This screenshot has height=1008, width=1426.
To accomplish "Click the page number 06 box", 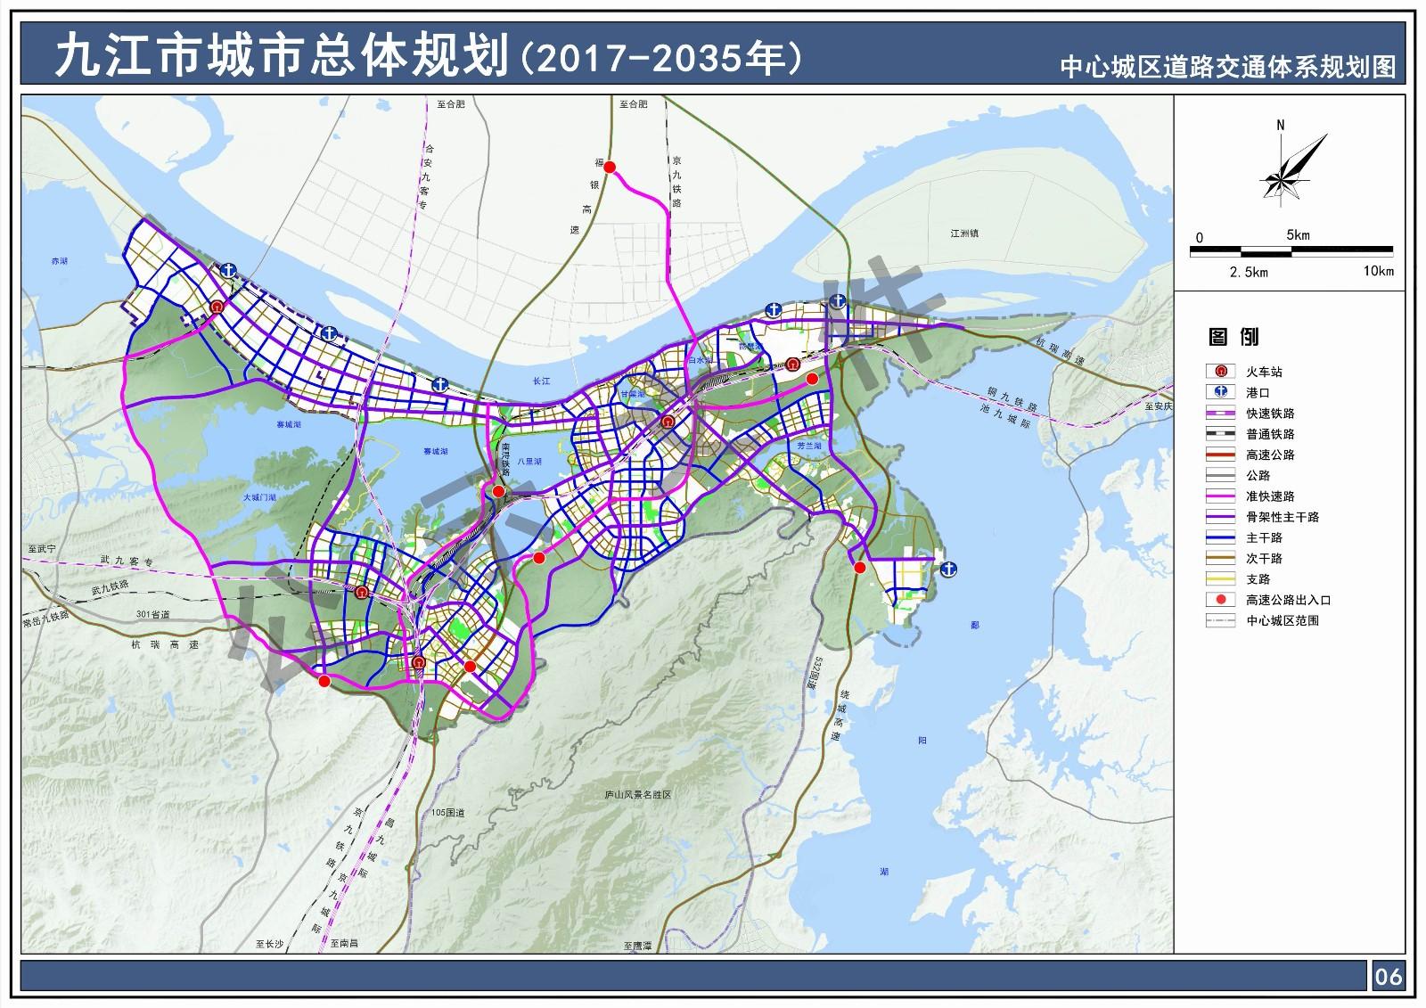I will coord(1389,977).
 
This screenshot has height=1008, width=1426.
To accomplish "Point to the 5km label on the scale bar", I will coord(1298,235).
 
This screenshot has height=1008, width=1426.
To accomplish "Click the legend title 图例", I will coord(1233,337).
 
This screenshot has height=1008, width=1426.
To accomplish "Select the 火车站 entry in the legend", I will coord(1264,372).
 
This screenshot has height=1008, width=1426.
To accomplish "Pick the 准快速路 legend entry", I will coord(1269,496).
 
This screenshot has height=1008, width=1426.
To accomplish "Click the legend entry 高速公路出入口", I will coord(1287,600).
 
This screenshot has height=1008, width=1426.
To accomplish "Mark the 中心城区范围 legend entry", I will coord(1282,620).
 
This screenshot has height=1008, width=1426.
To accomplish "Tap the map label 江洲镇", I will coord(964,234).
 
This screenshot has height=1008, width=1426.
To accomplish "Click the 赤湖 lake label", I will coord(59,262).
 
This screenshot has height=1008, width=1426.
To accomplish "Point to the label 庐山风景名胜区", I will coord(636,794).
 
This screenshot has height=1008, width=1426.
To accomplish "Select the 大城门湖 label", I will coord(258,497).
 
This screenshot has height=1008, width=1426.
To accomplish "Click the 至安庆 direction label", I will coord(1158,406).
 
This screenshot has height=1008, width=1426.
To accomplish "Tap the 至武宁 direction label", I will coord(42,550).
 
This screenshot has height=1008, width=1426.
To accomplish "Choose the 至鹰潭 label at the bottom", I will coord(637,945).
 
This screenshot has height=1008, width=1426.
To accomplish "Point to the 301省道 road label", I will coord(152,614).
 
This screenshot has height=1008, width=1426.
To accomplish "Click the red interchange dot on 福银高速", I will coord(611,168).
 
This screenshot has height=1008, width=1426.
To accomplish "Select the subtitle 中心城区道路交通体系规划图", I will coord(1227,68).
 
